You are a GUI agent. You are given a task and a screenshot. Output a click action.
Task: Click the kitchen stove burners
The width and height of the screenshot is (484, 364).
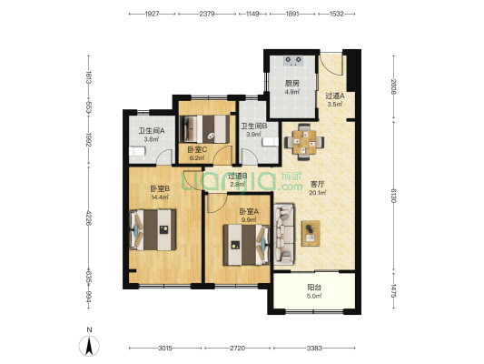click(x=292, y=61)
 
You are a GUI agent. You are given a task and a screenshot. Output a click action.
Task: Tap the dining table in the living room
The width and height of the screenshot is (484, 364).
click(x=304, y=142)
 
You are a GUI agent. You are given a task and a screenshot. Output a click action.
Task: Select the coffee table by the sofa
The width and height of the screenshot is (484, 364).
click(x=311, y=233)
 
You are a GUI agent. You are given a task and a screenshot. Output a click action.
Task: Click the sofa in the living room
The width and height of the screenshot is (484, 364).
click(x=284, y=234)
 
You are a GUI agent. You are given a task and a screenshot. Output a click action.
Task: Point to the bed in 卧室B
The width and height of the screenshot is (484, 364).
click(x=153, y=230)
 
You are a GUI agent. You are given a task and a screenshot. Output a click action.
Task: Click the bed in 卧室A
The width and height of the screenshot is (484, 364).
click(x=246, y=245)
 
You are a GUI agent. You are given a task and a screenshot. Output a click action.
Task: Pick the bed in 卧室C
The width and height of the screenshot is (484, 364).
click(x=205, y=129)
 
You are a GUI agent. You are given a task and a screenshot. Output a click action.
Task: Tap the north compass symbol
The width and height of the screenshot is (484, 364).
click(x=89, y=346)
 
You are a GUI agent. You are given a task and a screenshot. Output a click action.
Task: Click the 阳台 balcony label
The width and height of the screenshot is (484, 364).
click(x=314, y=288)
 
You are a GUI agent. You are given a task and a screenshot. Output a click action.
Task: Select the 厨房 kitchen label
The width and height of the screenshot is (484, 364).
click(x=292, y=84)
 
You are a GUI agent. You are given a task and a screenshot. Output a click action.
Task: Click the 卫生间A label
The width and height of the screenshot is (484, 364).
click(x=152, y=131)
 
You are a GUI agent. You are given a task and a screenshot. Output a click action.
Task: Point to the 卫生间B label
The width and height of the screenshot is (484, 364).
click(x=254, y=126)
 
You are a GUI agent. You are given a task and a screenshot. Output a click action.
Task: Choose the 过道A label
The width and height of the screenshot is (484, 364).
click(x=335, y=96)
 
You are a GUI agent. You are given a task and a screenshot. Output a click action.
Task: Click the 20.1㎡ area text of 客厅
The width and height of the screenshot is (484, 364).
click(x=318, y=193)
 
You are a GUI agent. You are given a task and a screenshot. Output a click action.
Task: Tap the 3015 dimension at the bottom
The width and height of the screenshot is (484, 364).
click(x=165, y=349)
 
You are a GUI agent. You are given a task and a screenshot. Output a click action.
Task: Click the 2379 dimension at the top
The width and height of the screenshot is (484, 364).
click(x=207, y=14)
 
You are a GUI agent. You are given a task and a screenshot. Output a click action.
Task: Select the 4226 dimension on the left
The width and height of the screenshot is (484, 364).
click(x=89, y=218)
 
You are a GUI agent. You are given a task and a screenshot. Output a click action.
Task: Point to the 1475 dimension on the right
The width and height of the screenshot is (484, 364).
click(x=393, y=290)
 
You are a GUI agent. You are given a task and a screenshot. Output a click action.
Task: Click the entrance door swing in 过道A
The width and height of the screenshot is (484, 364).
click(x=331, y=65)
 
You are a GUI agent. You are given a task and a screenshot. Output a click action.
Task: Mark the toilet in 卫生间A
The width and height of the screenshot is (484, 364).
click(x=137, y=152)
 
